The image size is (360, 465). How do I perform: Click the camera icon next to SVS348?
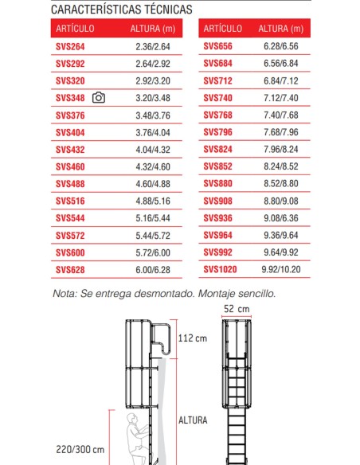[99, 98]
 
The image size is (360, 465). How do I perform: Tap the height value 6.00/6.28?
[154, 270]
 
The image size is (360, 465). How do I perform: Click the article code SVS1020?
[220, 270]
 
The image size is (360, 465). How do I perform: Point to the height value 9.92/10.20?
[280, 270]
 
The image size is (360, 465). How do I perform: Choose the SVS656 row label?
[217, 47]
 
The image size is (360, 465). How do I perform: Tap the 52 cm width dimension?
[237, 308]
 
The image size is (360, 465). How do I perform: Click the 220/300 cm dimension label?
[75, 450]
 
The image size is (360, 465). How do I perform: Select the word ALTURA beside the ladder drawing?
[193, 420]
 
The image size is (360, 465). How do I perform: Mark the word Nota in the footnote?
[65, 293]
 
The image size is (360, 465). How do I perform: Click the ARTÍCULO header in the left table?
[76, 29]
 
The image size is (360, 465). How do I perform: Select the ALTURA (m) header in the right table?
[280, 29]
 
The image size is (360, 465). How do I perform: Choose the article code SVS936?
[217, 218]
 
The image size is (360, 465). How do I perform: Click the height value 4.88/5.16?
[154, 201]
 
